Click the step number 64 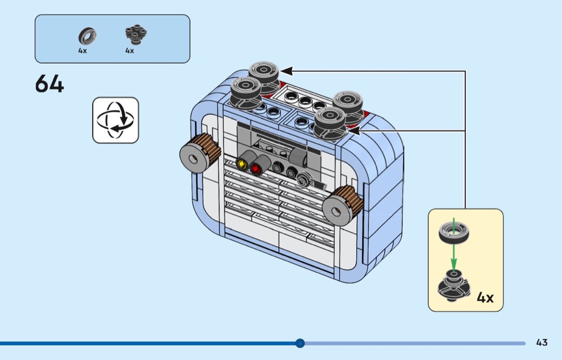pos(49,84)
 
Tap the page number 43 pos(542,342)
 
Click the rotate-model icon pos(116,120)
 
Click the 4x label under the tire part pos(82,51)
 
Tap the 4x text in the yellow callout pos(485,297)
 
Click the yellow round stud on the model pos(242,163)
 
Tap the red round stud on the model pos(256,169)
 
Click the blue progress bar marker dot pos(300,343)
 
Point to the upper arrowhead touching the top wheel pos(287,71)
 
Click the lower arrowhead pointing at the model pos(354,130)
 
